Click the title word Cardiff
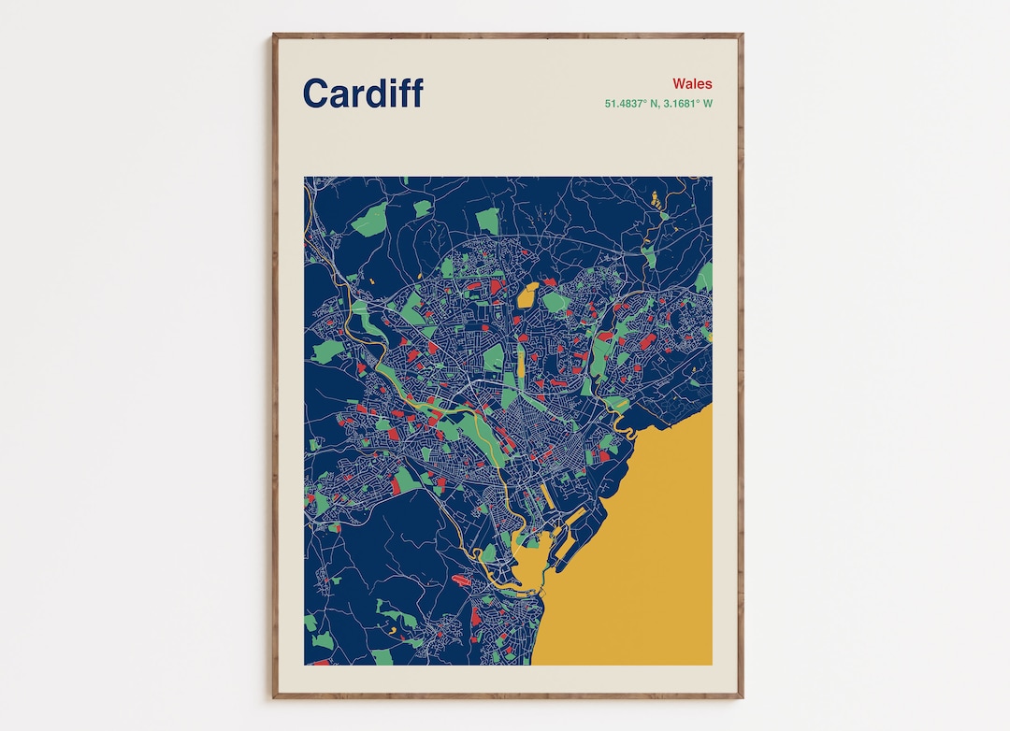pyautogui.click(x=363, y=93)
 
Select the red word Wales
pyautogui.click(x=692, y=84)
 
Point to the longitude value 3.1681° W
pyautogui.click(x=688, y=104)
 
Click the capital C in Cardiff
pyautogui.click(x=315, y=93)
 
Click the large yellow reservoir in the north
pyautogui.click(x=527, y=295)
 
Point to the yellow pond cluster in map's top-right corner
pyautogui.click(x=656, y=199)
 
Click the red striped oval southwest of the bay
pyautogui.click(x=461, y=580)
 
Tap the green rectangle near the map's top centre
pyautogui.click(x=487, y=221)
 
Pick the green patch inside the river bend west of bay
pyautogui.click(x=488, y=553)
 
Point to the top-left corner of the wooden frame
pyautogui.click(x=274, y=35)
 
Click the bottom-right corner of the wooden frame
pyautogui.click(x=743, y=697)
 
